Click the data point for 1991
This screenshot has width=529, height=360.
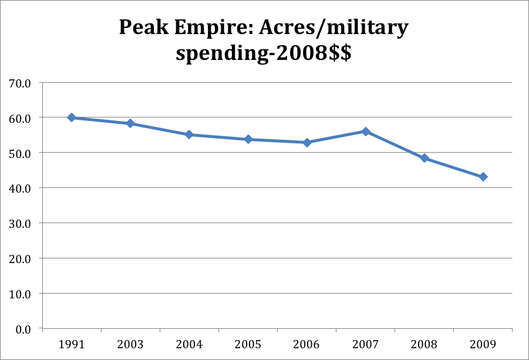point(72,117)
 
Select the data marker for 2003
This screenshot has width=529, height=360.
point(130,123)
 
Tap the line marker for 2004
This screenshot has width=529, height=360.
point(189,134)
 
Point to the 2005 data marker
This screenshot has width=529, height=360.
point(248,139)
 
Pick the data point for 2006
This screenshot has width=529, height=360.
point(306,142)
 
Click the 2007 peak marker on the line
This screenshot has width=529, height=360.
point(365,132)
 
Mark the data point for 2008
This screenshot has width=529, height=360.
point(424,158)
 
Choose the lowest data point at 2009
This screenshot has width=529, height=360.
point(483,177)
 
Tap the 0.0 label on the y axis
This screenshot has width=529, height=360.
point(23,329)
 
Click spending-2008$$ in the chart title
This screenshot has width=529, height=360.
point(264,53)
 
